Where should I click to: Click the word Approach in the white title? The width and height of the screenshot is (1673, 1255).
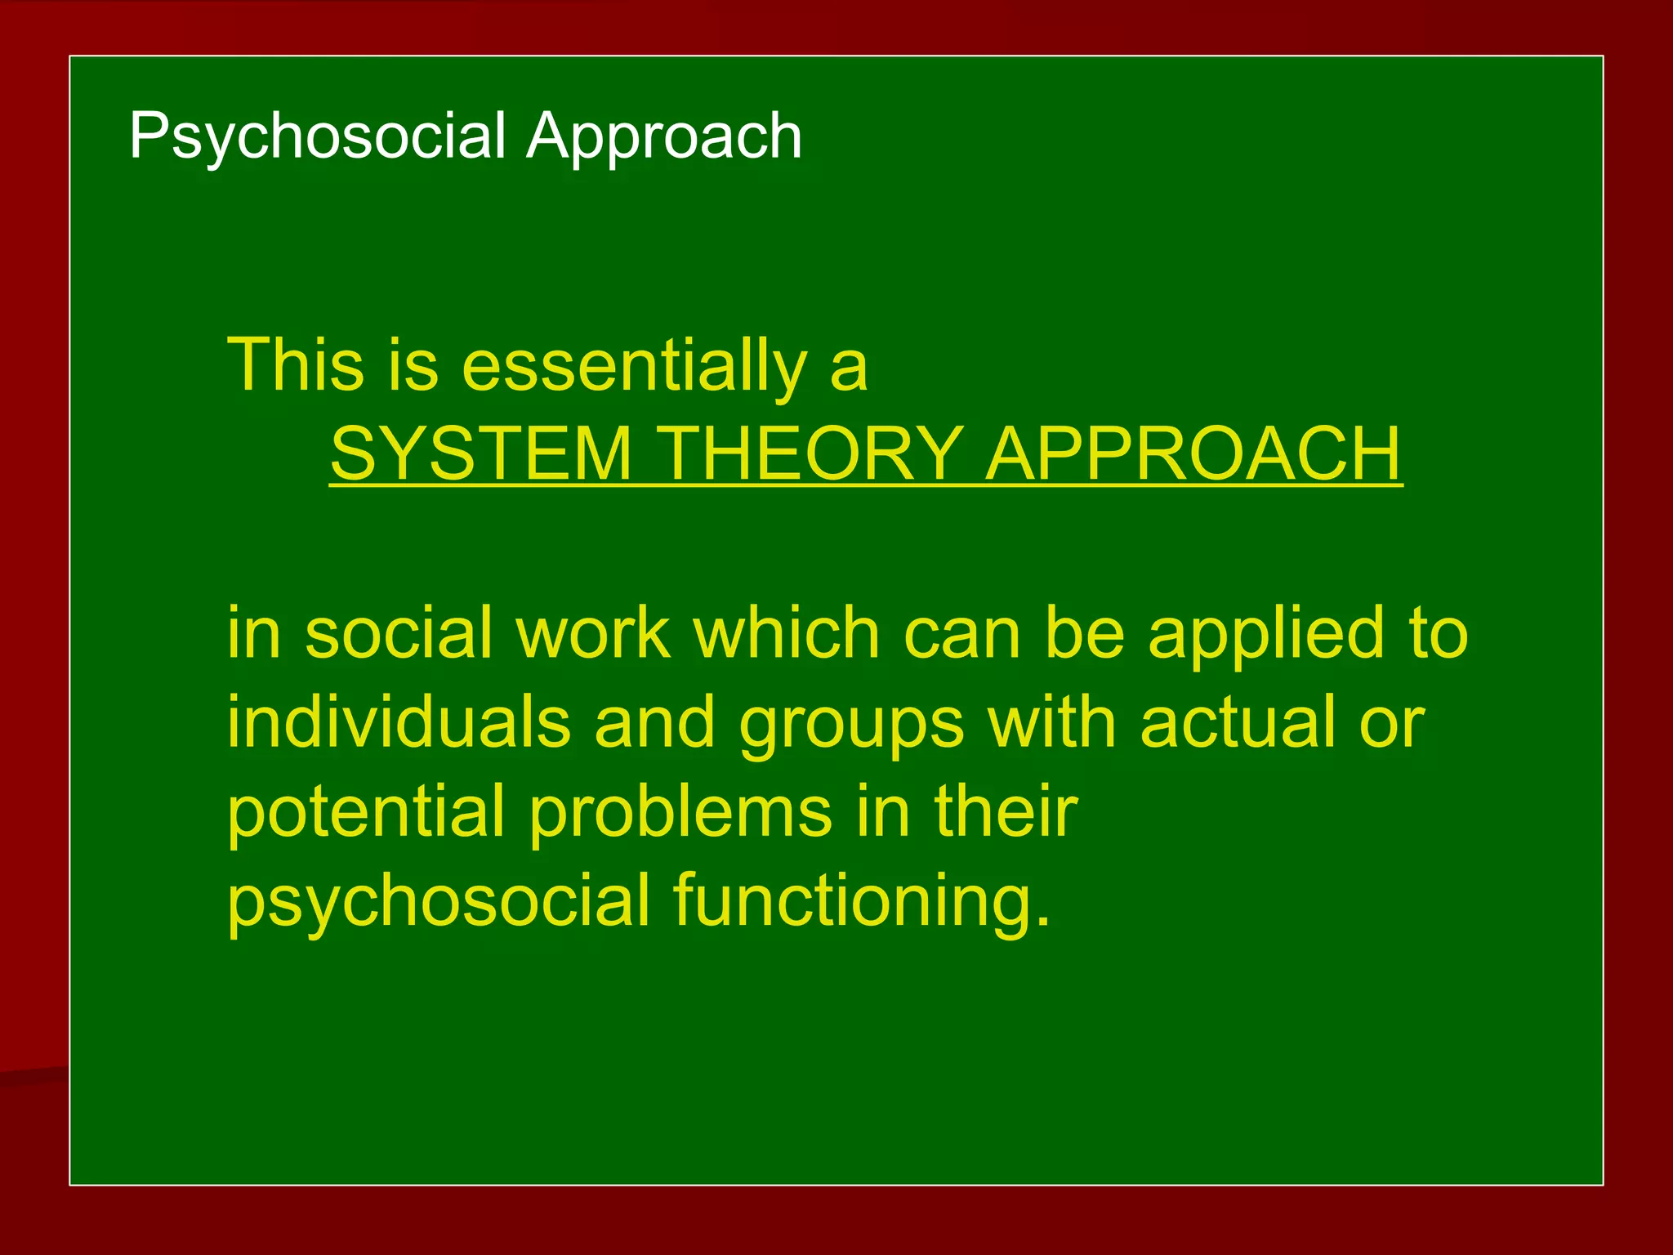tap(663, 136)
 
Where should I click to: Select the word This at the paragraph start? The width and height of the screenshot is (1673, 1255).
tap(295, 365)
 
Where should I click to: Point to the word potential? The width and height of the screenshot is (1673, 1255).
tap(366, 813)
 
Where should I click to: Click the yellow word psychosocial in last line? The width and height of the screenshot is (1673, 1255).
tap(439, 901)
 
